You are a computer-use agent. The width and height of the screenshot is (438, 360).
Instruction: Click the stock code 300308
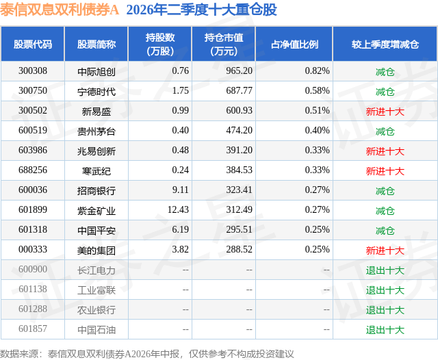click(33, 71)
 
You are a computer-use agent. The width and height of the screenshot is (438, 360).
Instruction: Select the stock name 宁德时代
click(96, 91)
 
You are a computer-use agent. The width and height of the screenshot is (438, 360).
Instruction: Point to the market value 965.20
click(239, 71)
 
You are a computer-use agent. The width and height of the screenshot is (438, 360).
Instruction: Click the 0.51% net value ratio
click(317, 111)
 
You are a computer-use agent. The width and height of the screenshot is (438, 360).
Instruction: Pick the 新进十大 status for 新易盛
click(385, 112)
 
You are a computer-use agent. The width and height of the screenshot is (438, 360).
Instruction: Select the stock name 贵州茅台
click(96, 131)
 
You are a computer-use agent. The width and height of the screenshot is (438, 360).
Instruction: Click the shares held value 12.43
click(178, 209)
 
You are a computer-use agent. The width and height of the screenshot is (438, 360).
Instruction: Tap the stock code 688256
click(33, 170)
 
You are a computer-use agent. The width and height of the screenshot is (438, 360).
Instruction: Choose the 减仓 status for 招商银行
click(385, 191)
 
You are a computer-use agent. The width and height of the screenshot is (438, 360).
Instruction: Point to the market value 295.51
click(239, 229)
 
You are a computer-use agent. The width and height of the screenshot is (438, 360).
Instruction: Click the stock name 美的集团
click(96, 250)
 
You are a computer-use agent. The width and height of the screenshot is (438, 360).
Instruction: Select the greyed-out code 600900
click(33, 269)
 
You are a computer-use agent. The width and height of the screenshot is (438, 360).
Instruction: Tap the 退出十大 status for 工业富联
click(385, 290)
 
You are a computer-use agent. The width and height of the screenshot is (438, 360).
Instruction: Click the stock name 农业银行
click(96, 310)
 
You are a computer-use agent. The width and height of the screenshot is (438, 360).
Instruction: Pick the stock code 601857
click(33, 329)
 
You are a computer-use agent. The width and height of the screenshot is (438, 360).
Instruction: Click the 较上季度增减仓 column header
click(385, 44)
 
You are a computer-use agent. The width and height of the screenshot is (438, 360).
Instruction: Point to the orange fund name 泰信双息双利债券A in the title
click(60, 10)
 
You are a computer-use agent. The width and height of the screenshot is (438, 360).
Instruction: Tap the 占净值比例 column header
click(294, 44)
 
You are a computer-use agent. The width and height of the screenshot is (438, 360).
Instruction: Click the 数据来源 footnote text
click(147, 354)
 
